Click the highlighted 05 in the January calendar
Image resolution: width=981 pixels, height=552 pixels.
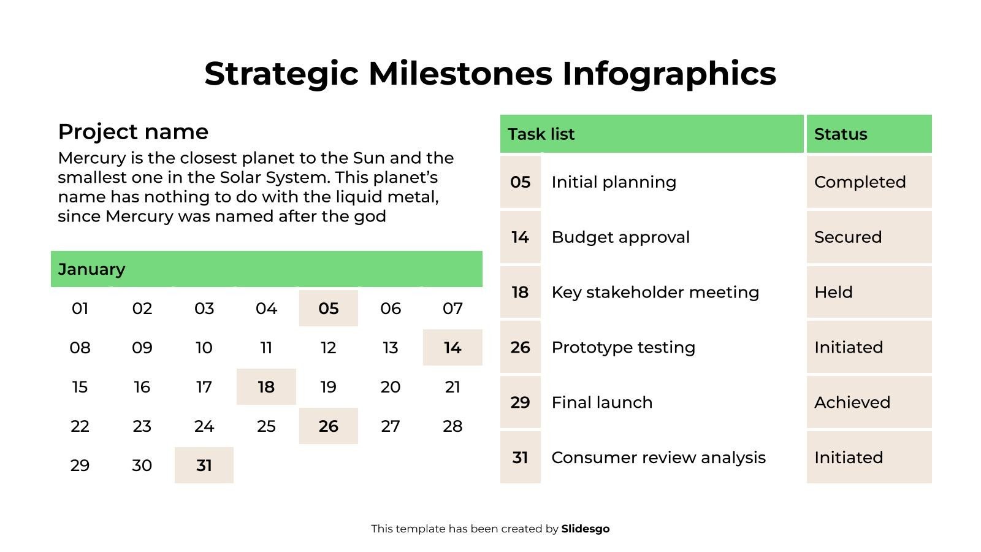[328, 309]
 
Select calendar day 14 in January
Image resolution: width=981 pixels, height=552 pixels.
[452, 348]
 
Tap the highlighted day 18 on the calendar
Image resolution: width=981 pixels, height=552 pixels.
[266, 387]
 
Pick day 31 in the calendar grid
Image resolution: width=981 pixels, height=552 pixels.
[204, 466]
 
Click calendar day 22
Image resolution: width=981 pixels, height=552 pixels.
[80, 426]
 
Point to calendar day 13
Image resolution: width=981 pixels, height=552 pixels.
[390, 348]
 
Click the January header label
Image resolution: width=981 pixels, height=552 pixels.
[91, 269]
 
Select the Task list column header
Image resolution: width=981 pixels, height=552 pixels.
[541, 134]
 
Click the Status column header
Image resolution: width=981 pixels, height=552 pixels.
[840, 134]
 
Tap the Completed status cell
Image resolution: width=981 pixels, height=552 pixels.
[860, 182]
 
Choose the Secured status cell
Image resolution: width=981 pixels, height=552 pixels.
[847, 237]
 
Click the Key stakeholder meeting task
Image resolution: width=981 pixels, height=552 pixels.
[655, 293]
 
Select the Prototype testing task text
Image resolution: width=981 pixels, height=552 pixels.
[623, 348]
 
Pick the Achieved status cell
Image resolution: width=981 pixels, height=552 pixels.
[852, 402]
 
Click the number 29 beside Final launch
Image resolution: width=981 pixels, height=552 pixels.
[520, 402]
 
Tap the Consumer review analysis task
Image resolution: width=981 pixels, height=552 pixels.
[658, 458]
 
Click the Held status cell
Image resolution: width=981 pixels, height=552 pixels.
[833, 293]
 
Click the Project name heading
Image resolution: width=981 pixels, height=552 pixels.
[133, 132]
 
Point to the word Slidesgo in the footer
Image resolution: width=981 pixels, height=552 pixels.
[585, 529]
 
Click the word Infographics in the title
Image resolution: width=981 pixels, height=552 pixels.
[669, 74]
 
